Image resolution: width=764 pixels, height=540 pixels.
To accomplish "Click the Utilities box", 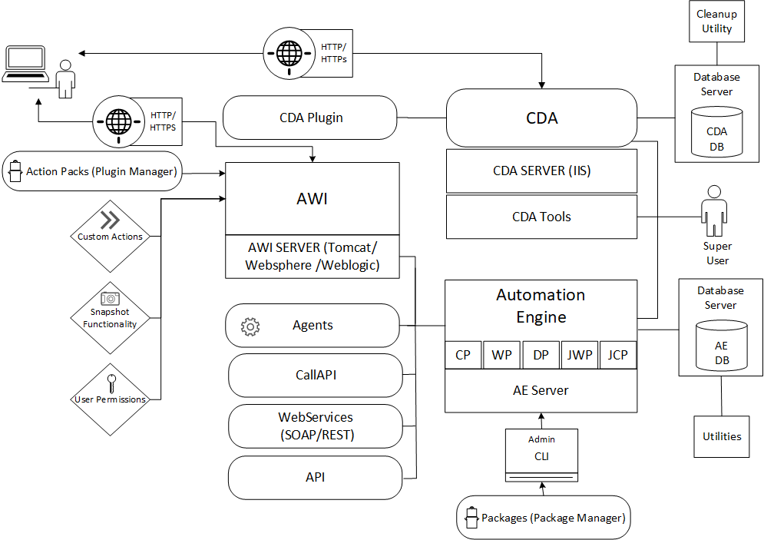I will [722, 436].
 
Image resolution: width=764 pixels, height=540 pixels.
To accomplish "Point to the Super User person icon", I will [716, 210].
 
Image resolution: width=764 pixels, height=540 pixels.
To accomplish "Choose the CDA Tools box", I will [541, 217].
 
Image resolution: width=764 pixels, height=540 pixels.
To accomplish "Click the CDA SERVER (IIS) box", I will [541, 171].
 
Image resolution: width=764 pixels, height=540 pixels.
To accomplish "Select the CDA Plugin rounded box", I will [310, 118].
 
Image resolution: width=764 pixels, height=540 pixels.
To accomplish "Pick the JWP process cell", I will [579, 355].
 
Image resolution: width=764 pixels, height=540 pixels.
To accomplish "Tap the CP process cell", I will [463, 355].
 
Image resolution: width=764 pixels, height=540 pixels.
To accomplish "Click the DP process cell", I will [541, 355].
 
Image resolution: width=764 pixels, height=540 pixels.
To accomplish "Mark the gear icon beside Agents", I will [250, 326].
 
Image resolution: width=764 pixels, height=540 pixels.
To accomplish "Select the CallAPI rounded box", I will [315, 376].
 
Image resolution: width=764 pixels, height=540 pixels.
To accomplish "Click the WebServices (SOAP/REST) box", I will [315, 426].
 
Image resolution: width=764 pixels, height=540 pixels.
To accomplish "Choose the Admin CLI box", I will [541, 452].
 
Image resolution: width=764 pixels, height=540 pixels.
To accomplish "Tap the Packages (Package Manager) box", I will [543, 518].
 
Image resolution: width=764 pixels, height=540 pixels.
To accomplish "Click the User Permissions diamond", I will [111, 393].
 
